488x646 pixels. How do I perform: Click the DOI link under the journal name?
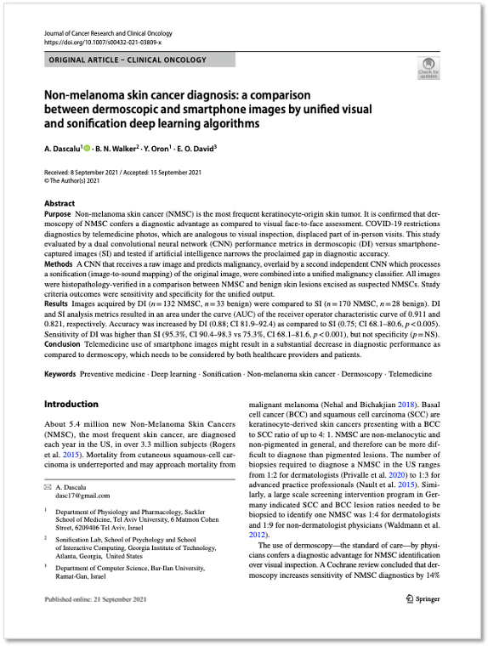(99, 41)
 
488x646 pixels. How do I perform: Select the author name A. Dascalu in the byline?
(62, 148)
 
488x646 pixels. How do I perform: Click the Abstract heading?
(60, 204)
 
